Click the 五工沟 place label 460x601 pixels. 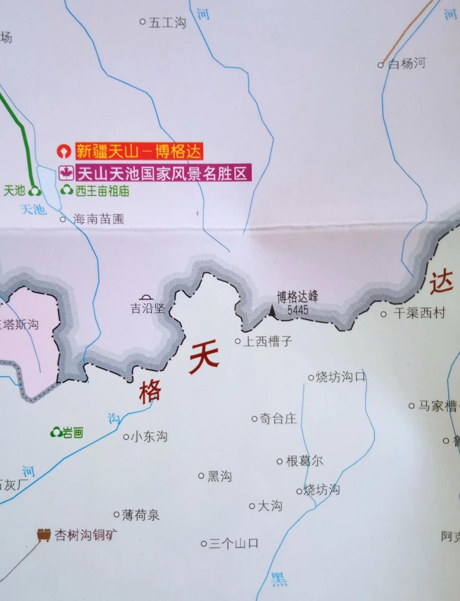click(167, 22)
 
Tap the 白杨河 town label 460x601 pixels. click(406, 63)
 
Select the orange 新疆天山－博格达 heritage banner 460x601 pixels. click(138, 151)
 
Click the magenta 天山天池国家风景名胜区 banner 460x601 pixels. click(162, 173)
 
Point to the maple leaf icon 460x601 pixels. click(66, 173)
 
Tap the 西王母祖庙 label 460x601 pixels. click(102, 191)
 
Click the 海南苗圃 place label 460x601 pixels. click(98, 219)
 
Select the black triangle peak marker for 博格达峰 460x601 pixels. click(272, 310)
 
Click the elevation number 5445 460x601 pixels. click(298, 309)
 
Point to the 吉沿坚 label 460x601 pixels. click(147, 308)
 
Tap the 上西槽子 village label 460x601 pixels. click(267, 341)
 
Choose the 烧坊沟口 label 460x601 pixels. click(340, 377)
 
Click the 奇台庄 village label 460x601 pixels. click(278, 418)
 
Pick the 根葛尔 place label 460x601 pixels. click(304, 461)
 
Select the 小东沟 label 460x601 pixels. click(149, 437)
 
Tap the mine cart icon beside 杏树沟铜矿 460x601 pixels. click(44, 535)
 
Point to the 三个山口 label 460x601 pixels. click(233, 544)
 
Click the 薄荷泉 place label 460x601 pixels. click(140, 515)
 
